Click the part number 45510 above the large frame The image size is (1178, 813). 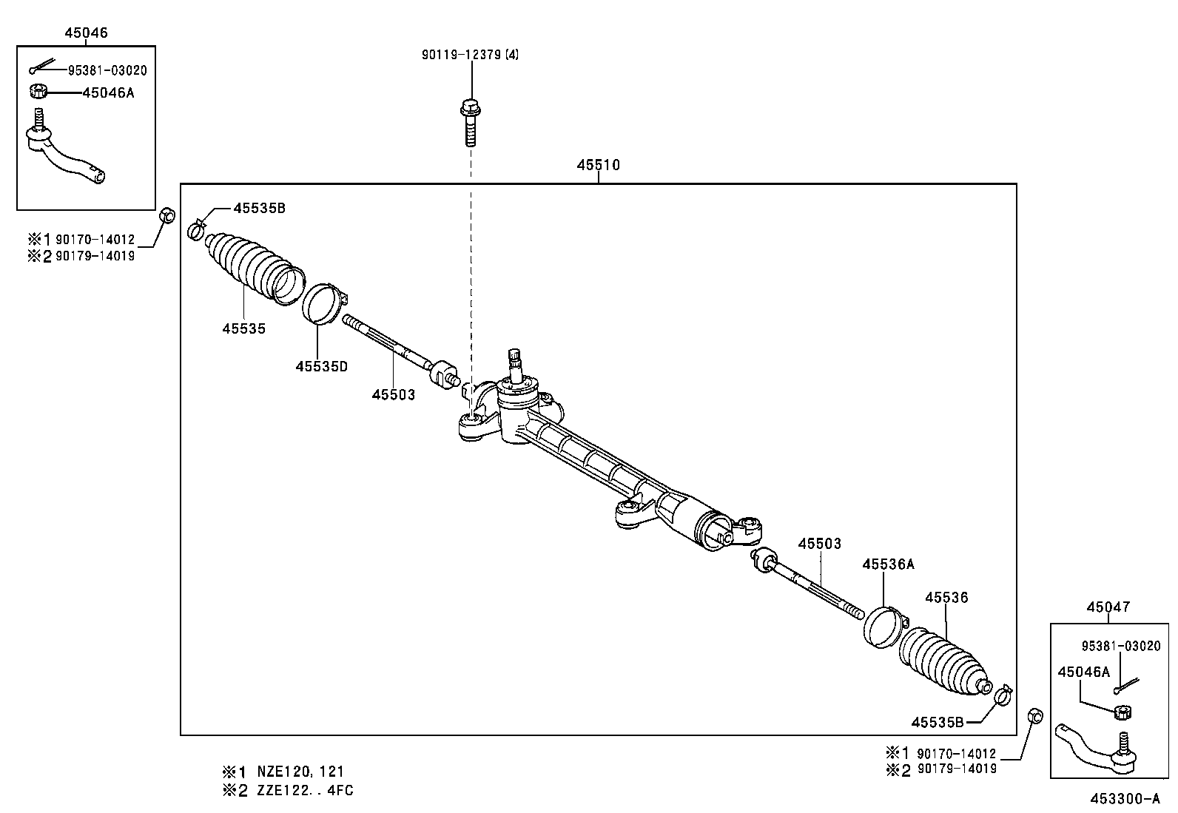pyautogui.click(x=598, y=166)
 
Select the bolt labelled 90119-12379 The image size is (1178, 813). pyautogui.click(x=470, y=122)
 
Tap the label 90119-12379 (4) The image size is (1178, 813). pyautogui.click(x=470, y=55)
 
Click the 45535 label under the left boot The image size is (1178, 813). pyautogui.click(x=243, y=328)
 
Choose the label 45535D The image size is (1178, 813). pyautogui.click(x=321, y=366)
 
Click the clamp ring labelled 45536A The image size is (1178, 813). pyautogui.click(x=882, y=626)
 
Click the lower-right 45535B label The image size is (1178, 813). pyautogui.click(x=937, y=722)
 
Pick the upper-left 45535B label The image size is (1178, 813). pyautogui.click(x=259, y=209)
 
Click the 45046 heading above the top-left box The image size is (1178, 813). pyautogui.click(x=85, y=33)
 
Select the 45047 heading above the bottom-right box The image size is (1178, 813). pyautogui.click(x=1108, y=607)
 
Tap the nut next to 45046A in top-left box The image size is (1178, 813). pyautogui.click(x=38, y=92)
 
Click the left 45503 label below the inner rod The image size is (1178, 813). pyautogui.click(x=393, y=395)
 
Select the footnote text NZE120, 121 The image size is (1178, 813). pyautogui.click(x=300, y=771)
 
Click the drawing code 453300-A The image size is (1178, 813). pyautogui.click(x=1124, y=799)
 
